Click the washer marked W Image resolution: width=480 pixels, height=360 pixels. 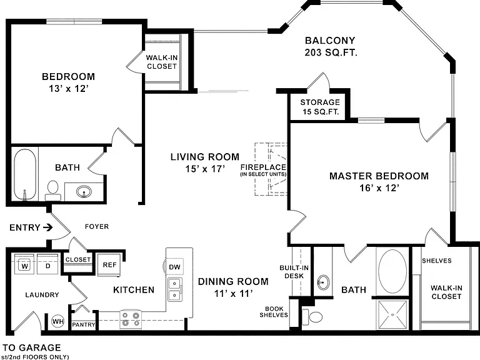tap(24, 264)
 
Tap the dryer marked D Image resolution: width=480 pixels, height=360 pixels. tap(47, 264)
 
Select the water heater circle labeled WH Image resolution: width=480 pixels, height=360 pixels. tap(58, 321)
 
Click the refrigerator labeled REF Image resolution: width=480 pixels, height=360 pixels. tap(109, 265)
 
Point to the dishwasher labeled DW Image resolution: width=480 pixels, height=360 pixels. tap(174, 267)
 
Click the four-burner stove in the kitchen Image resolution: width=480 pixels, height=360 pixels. tap(131, 319)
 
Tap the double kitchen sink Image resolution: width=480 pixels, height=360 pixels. tap(175, 289)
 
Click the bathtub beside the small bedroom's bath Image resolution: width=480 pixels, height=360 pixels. tap(25, 174)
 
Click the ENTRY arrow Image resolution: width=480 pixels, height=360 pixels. tap(47, 227)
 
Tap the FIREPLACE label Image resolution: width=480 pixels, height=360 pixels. tap(263, 167)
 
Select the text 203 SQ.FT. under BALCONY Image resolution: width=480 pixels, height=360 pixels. tap(331, 52)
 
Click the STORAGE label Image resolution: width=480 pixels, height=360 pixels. tap(320, 102)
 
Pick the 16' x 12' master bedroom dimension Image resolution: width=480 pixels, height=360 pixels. tap(379, 187)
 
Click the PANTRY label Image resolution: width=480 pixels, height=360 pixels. tap(83, 324)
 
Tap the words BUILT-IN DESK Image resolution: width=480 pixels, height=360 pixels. tap(294, 272)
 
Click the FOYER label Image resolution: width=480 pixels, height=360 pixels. tap(97, 226)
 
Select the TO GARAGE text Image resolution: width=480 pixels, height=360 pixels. tap(31, 347)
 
